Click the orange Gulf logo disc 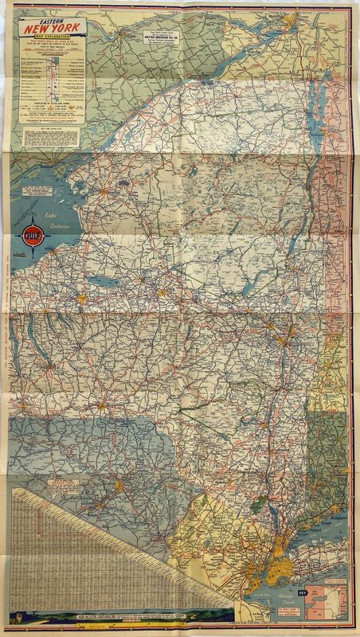(x=33, y=236)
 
